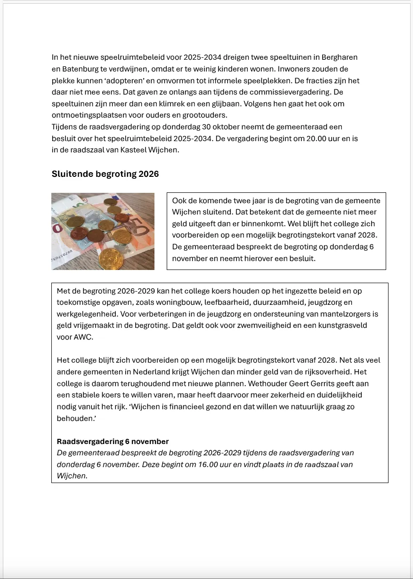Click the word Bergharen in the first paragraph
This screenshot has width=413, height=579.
[x=340, y=57]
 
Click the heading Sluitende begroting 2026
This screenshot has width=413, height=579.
[x=105, y=174]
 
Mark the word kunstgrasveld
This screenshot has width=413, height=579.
[x=344, y=325]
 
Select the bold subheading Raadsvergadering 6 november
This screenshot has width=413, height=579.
[x=113, y=442]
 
